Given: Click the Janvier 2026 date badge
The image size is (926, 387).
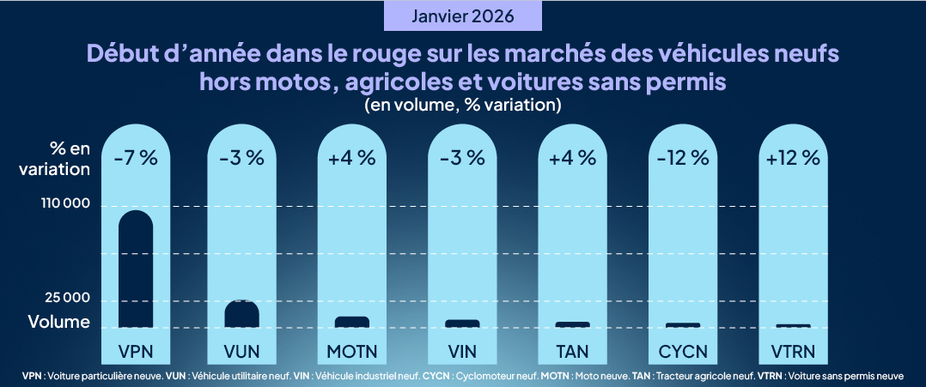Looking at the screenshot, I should (463, 16).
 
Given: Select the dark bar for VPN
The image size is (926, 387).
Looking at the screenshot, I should (136, 269).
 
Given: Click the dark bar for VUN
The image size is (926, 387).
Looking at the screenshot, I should (242, 314).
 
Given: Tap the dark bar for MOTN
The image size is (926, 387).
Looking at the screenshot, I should (352, 322).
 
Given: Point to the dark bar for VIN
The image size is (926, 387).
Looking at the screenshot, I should (462, 324).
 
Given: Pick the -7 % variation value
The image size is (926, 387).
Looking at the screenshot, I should (136, 158).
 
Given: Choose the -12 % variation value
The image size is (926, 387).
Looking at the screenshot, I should (683, 158).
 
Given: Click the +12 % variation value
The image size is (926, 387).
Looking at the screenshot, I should (792, 158).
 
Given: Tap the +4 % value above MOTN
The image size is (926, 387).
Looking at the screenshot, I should (352, 158).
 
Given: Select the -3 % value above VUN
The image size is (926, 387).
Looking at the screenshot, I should (242, 158).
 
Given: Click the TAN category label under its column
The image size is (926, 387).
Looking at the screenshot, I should (572, 351).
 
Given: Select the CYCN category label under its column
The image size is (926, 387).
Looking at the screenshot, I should (683, 351).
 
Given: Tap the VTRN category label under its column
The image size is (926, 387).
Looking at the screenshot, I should (792, 351).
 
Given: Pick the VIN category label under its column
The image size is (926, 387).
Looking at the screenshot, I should (462, 351).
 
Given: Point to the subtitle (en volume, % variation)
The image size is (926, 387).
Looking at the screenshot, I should (463, 105).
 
